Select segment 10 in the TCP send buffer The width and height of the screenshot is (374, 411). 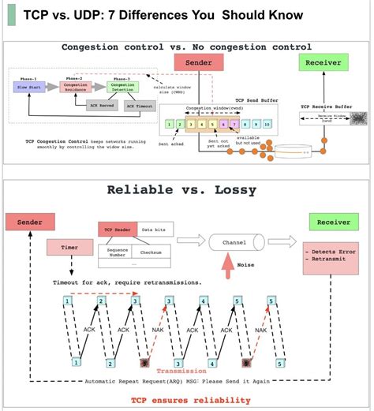[x=267, y=124]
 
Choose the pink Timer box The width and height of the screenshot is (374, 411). [x=70, y=248]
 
